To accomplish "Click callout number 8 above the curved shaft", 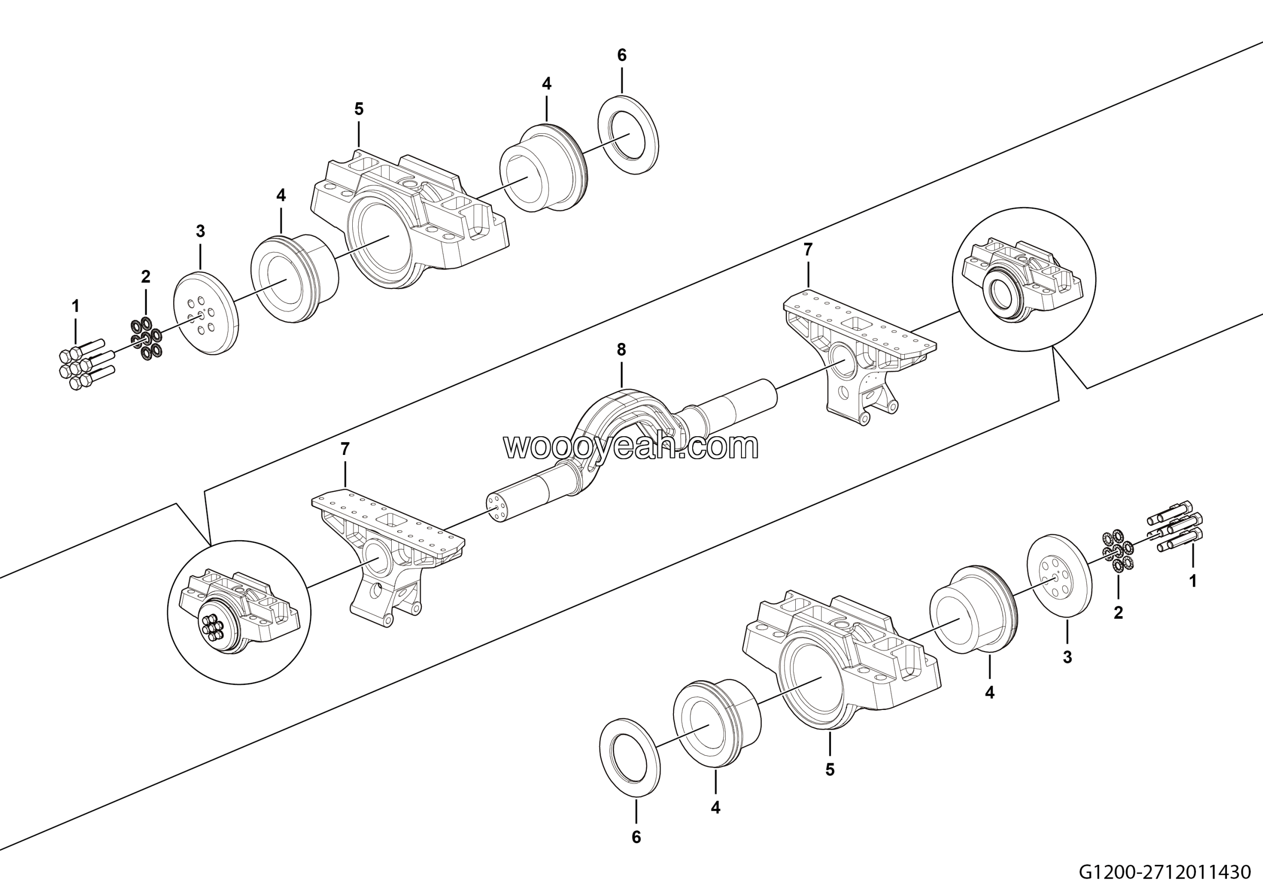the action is click(621, 349).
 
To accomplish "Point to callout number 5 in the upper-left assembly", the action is click(359, 109).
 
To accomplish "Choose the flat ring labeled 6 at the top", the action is click(628, 135).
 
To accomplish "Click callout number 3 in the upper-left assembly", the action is click(200, 231).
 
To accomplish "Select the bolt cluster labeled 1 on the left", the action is click(86, 364).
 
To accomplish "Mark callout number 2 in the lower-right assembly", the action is click(1118, 612).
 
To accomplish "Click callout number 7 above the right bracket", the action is click(808, 250).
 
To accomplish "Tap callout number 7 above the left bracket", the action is click(345, 449).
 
